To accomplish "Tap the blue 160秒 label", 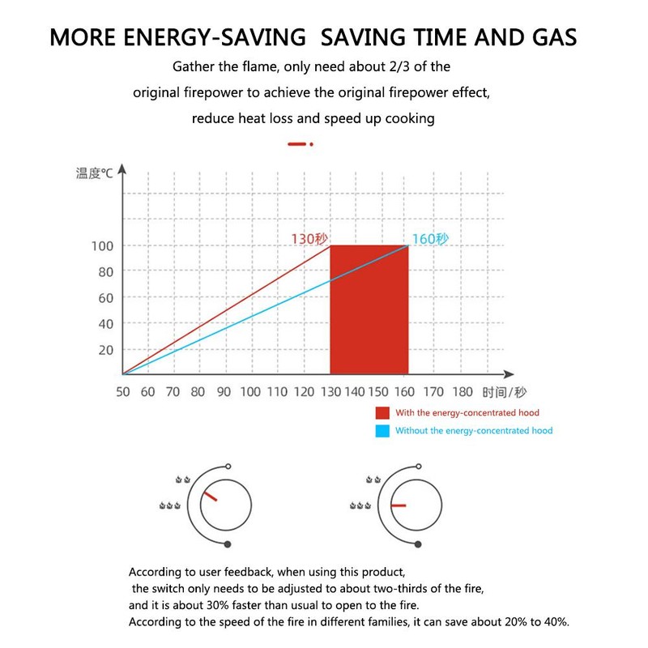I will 430,239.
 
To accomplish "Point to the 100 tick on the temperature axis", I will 105,245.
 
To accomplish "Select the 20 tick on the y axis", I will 105,349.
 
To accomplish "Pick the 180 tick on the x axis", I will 463,392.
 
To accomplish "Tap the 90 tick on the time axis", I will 224,392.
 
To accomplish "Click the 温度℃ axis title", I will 95,173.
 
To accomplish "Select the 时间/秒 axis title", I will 504,392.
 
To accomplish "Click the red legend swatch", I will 381,413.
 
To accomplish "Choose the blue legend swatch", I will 381,431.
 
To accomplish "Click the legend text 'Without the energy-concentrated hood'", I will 474,431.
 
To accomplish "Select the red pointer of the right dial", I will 399,505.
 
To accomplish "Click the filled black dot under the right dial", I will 416,544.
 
